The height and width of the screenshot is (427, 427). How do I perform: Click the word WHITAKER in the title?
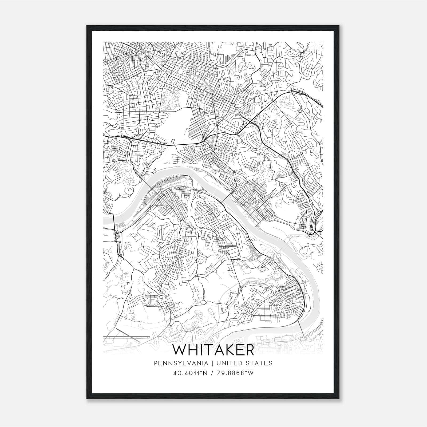213,350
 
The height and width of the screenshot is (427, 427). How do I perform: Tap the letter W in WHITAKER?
180,350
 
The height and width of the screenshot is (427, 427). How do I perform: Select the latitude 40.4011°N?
190,373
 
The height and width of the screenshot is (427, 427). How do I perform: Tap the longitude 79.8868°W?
235,373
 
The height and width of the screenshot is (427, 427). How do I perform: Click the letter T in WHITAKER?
207,350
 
